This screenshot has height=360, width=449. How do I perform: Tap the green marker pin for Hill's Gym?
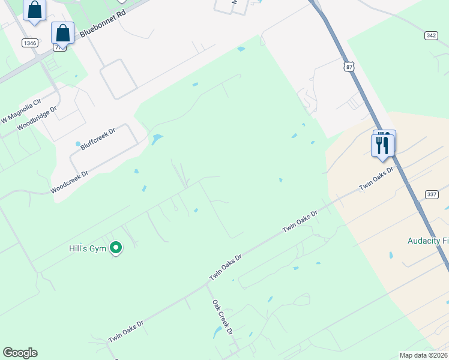click(x=116, y=247)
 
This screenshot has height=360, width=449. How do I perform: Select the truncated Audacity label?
click(x=427, y=240)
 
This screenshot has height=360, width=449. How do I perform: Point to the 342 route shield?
click(x=430, y=36)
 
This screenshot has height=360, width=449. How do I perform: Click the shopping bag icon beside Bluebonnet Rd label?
click(x=62, y=33)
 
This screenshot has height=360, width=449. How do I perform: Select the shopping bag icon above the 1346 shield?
click(x=35, y=10)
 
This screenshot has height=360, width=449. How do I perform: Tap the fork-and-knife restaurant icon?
click(x=382, y=145)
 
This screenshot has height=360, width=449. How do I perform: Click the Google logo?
click(x=20, y=353)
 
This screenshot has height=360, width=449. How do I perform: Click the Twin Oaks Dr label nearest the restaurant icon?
click(x=376, y=178)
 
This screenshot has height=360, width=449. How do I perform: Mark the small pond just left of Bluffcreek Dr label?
click(x=78, y=144)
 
